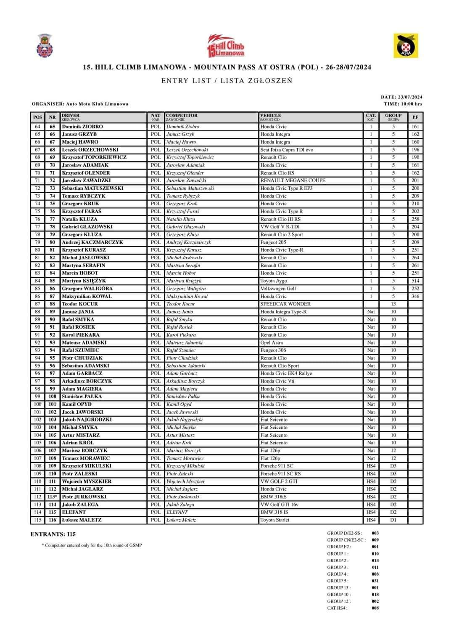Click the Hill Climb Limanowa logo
(x=226, y=45)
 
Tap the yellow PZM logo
(x=406, y=46)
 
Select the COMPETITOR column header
(x=182, y=116)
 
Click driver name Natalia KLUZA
(x=79, y=219)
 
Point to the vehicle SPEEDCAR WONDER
(x=285, y=304)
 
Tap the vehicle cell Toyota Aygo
(x=273, y=281)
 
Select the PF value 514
(x=415, y=281)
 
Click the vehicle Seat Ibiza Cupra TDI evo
(x=287, y=150)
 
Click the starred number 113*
(x=52, y=497)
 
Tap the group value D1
(x=393, y=520)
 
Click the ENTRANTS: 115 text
(x=53, y=534)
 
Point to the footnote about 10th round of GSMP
(x=92, y=545)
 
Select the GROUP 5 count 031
(x=375, y=581)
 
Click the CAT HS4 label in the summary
(x=337, y=608)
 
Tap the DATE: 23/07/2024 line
(x=401, y=97)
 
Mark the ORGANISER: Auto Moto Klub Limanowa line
(x=80, y=104)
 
